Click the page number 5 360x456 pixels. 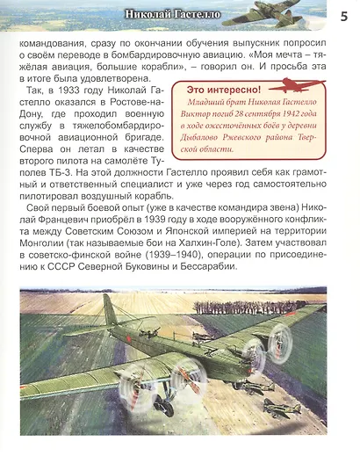343,15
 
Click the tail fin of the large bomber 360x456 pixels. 107,313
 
